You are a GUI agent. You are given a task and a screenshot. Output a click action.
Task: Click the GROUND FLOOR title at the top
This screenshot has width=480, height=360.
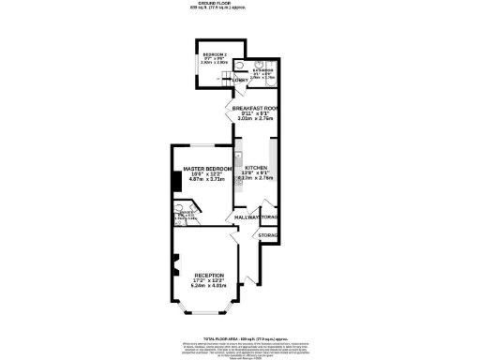tap(240, 4)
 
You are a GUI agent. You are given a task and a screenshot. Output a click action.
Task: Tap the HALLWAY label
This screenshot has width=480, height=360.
tap(246, 217)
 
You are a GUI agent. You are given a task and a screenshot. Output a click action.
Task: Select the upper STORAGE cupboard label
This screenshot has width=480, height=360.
tap(270, 217)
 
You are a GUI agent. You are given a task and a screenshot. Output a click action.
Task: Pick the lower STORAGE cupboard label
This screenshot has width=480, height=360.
tap(268, 234)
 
